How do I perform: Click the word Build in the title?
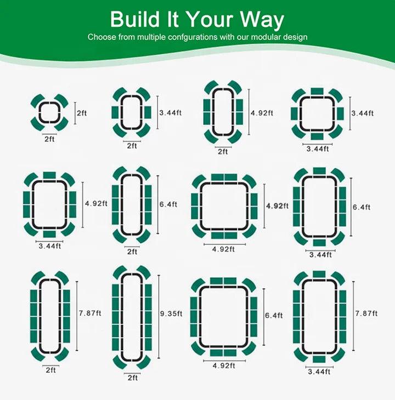point(135,19)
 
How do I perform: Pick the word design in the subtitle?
point(295,37)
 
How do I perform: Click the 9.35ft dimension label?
point(171,313)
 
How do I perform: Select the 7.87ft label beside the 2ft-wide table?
point(90,313)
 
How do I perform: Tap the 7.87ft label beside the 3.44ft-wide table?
point(366,313)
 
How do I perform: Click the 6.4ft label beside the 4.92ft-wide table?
point(274,316)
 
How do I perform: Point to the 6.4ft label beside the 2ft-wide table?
point(168,204)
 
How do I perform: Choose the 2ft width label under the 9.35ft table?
point(133,378)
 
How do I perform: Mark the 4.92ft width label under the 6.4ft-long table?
point(224,366)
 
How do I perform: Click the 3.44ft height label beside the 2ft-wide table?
point(170,112)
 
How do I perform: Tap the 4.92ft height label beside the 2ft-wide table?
point(262,113)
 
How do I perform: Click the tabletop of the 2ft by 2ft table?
point(50,112)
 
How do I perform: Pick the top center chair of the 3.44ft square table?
point(317,92)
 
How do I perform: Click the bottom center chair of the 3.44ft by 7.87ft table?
point(319,359)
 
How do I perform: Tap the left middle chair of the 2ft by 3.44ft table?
point(115,112)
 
